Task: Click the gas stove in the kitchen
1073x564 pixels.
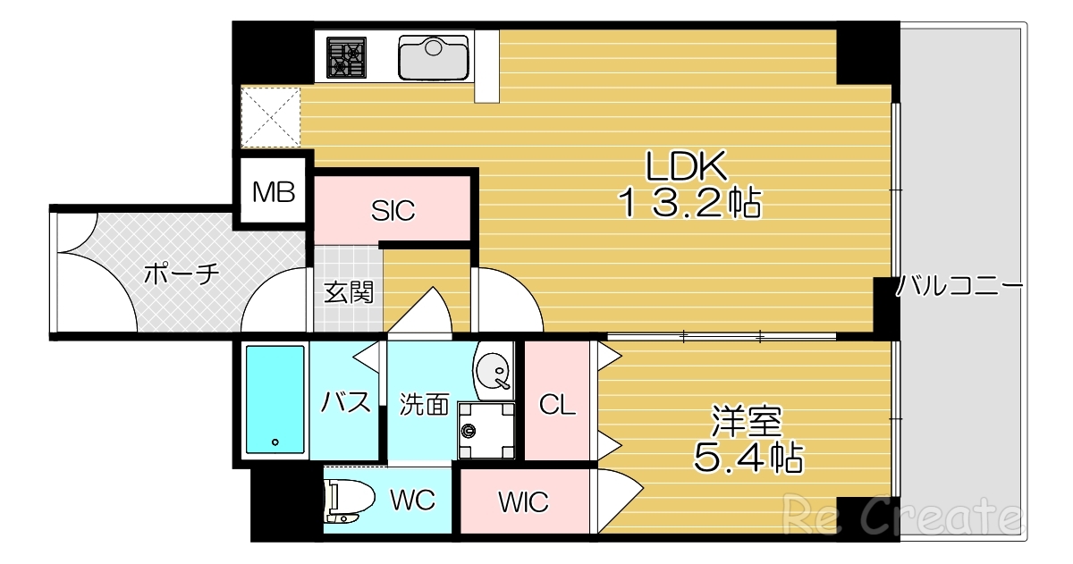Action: [x=346, y=57]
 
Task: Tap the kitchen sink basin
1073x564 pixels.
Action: [x=434, y=58]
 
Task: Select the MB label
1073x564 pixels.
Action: [x=274, y=192]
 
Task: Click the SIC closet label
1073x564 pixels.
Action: [x=393, y=211]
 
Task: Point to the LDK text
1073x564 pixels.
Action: [x=687, y=166]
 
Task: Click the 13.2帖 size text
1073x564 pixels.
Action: [x=689, y=204]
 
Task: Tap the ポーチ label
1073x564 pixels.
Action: [x=182, y=274]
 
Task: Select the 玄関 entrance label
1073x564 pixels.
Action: [x=348, y=292]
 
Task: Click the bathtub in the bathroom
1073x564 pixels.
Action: [x=275, y=400]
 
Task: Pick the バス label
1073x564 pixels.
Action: [x=345, y=402]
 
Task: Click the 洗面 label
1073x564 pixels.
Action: [x=425, y=405]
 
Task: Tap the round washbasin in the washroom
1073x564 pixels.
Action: [x=493, y=372]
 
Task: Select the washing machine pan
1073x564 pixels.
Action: [x=486, y=431]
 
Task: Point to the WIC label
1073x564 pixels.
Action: [x=523, y=502]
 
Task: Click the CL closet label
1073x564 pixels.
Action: [x=557, y=405]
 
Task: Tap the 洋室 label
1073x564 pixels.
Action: [x=747, y=421]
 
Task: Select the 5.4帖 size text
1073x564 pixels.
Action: [x=748, y=458]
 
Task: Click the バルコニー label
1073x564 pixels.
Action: [x=959, y=286]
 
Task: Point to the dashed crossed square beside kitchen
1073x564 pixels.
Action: [x=270, y=117]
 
